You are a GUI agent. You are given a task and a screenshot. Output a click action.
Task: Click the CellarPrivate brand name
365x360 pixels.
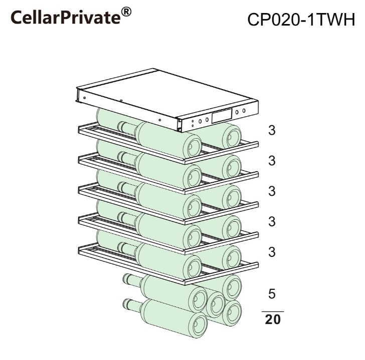click(x=66, y=17)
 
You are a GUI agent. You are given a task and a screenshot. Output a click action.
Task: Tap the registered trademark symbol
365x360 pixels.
click(x=126, y=12)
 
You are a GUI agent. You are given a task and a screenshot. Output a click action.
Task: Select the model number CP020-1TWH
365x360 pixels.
click(x=301, y=20)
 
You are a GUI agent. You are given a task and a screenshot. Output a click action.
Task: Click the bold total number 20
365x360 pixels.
click(x=273, y=319)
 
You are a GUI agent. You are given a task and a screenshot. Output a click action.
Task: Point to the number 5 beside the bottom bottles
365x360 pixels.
click(x=272, y=294)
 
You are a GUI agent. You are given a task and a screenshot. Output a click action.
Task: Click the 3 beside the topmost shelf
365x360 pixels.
click(x=272, y=130)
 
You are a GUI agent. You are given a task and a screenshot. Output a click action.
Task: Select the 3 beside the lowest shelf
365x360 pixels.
click(x=272, y=252)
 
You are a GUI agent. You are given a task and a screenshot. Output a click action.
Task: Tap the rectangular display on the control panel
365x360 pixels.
click(x=222, y=116)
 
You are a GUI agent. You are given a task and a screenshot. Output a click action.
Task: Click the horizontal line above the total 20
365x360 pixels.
click(x=273, y=311)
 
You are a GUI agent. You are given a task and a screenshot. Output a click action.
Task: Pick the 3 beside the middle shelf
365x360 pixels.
click(x=272, y=191)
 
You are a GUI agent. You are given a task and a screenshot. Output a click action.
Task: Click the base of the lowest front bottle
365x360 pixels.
click(x=198, y=325)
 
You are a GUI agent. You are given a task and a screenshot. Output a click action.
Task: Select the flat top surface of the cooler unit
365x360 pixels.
click(x=168, y=93)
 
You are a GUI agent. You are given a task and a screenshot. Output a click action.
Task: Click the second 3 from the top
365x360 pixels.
click(x=272, y=161)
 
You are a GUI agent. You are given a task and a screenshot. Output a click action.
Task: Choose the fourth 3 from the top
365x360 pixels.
click(x=272, y=221)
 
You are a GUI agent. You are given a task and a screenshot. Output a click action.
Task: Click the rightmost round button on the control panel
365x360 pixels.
click(x=244, y=111)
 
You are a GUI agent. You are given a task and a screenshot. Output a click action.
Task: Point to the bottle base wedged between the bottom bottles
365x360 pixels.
click(x=215, y=304)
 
